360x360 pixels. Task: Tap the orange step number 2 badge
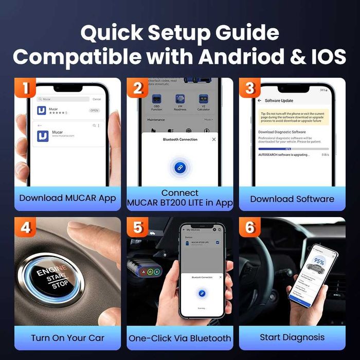point(137,88)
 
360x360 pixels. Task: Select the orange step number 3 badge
point(249,88)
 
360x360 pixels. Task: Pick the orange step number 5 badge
point(137,227)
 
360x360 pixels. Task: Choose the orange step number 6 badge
point(249,227)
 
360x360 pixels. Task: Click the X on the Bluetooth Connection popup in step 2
point(214,139)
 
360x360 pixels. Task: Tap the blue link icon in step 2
point(180,167)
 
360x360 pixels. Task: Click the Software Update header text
point(279,100)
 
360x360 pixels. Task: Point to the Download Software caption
point(292,199)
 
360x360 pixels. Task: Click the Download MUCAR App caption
point(67,199)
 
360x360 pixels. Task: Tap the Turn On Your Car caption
point(67,338)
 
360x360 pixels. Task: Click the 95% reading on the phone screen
point(319,262)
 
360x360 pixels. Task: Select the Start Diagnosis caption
point(292,337)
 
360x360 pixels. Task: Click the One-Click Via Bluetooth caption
point(179,338)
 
